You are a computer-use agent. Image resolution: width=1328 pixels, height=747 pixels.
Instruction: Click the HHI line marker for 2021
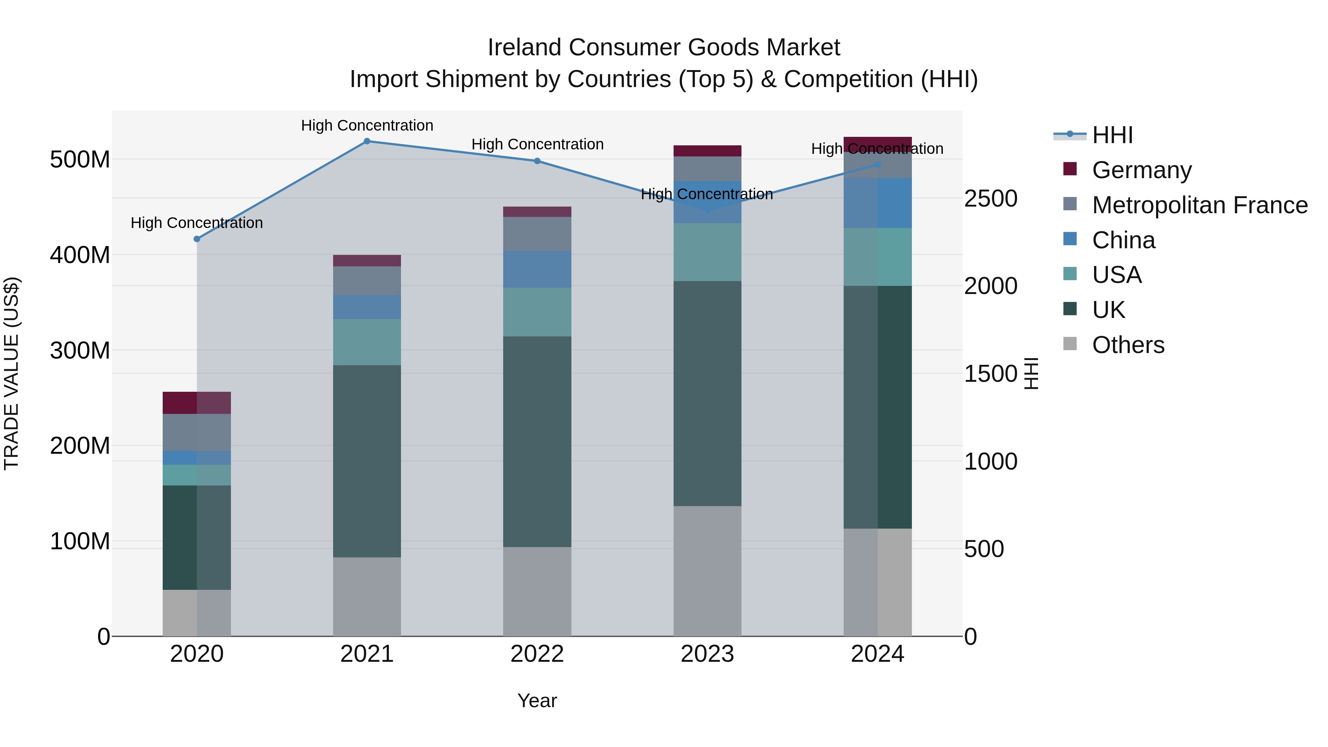tap(367, 141)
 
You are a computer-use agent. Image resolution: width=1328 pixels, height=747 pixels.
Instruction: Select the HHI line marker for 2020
tap(197, 239)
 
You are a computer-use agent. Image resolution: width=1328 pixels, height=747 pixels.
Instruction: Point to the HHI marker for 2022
tap(537, 161)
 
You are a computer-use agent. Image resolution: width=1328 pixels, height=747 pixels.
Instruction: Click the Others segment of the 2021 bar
tap(367, 596)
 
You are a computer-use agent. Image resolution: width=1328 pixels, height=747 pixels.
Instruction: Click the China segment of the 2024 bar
tap(878, 203)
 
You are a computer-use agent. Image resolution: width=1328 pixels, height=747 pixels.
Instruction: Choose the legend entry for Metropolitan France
tap(1200, 205)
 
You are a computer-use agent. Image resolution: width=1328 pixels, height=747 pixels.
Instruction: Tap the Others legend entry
tap(1128, 345)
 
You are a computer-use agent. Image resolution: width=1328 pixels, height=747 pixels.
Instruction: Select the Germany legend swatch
tap(1070, 169)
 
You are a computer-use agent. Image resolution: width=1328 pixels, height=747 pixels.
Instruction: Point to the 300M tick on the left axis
tap(80, 350)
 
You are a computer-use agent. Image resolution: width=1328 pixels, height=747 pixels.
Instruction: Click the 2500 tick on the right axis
tap(990, 199)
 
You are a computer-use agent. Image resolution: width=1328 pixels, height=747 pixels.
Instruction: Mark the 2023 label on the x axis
tap(707, 654)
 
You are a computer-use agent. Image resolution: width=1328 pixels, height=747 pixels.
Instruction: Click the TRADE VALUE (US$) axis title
tap(12, 373)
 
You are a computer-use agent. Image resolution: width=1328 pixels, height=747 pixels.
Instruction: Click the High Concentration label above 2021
tap(367, 126)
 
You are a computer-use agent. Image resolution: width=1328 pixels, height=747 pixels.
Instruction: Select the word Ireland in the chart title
tap(525, 48)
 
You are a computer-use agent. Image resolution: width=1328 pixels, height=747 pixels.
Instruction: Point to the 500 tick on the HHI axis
tap(983, 549)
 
